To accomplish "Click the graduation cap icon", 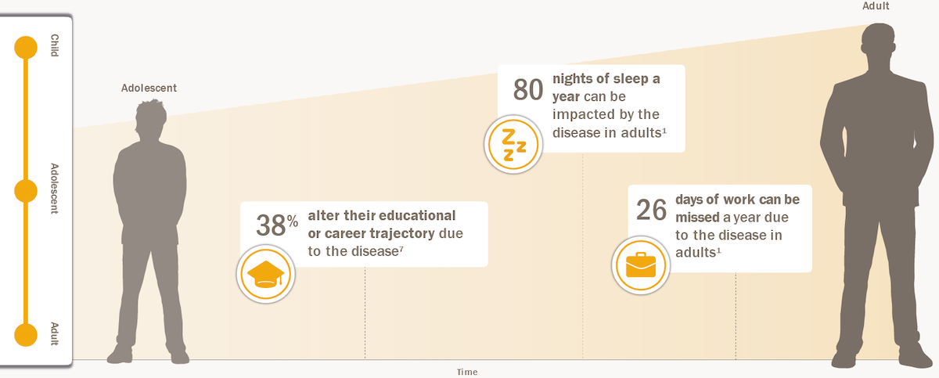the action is [266, 274].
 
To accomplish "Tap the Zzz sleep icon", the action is [513, 145].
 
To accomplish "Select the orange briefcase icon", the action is [641, 265].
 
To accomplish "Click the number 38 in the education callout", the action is [271, 225].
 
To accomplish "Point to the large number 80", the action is [528, 90].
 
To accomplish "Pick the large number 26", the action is [651, 210].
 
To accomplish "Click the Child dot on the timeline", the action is [26, 48].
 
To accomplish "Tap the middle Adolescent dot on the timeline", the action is [26, 191].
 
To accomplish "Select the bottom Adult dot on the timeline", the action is [26, 335].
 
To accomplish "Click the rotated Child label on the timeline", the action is [55, 45].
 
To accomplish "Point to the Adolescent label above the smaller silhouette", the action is [149, 88].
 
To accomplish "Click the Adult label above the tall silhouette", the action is [876, 5].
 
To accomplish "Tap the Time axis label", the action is [467, 372].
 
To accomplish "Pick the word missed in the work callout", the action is [697, 217].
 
